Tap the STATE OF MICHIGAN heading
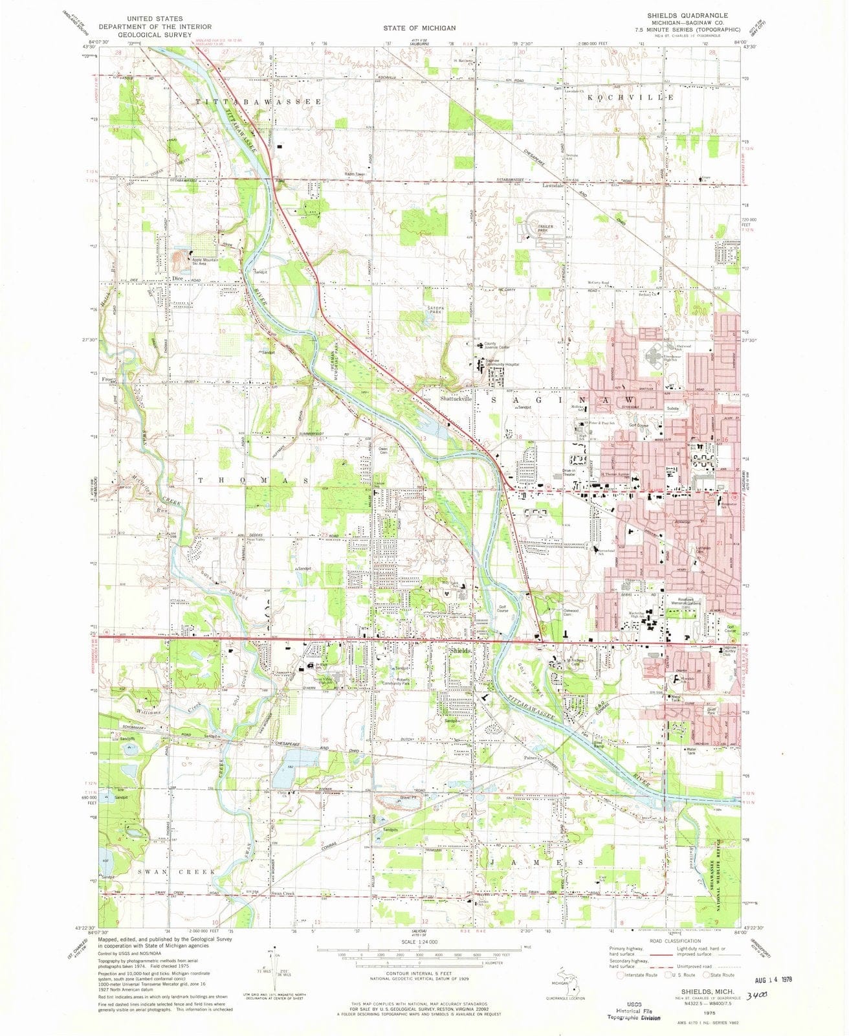coord(419,28)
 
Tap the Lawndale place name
coord(553,185)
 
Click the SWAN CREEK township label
coord(175,872)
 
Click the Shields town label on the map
coord(460,650)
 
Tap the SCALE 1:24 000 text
coord(419,941)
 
